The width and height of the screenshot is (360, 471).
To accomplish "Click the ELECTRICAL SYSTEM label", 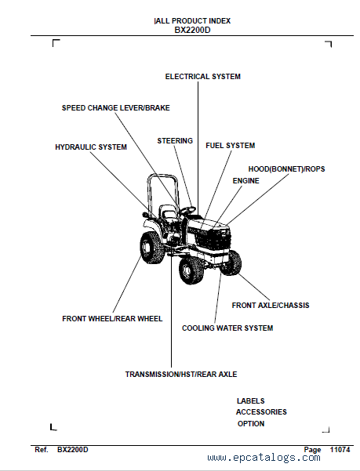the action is pyautogui.click(x=203, y=77).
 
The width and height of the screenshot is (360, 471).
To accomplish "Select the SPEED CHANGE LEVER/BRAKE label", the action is pyautogui.click(x=116, y=108).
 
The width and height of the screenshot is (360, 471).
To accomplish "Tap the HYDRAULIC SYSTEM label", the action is pyautogui.click(x=91, y=147).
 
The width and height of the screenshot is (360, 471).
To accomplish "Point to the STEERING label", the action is pyautogui.click(x=175, y=140).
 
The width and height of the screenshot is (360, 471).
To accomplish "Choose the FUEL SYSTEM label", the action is pyautogui.click(x=230, y=146).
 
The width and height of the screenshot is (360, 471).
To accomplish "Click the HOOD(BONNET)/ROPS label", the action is pyautogui.click(x=287, y=169).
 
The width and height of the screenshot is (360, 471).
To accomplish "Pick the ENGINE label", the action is pyautogui.click(x=245, y=180).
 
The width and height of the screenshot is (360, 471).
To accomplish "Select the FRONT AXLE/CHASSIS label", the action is pyautogui.click(x=271, y=305).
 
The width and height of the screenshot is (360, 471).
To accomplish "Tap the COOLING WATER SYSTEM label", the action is pyautogui.click(x=227, y=328).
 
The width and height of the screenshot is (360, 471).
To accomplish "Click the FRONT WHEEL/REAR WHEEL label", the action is pyautogui.click(x=112, y=318).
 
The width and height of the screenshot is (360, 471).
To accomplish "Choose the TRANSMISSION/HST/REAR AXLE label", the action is pyautogui.click(x=181, y=375).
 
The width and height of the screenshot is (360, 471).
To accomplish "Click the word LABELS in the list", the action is pyautogui.click(x=251, y=401).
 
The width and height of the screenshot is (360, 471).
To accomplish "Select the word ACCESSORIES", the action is pyautogui.click(x=261, y=411).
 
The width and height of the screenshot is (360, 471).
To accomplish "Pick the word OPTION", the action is pyautogui.click(x=251, y=423).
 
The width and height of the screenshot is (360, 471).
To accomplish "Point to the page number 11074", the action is pyautogui.click(x=340, y=450).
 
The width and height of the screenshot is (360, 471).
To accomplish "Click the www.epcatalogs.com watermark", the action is pyautogui.click(x=264, y=458).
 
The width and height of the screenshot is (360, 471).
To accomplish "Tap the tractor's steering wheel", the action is pyautogui.click(x=187, y=210).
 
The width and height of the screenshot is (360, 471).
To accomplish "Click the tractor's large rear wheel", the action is pyautogui.click(x=152, y=248).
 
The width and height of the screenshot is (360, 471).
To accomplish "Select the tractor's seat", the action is pyautogui.click(x=167, y=212).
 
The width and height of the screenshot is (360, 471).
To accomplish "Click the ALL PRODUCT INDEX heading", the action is pyautogui.click(x=192, y=21).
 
